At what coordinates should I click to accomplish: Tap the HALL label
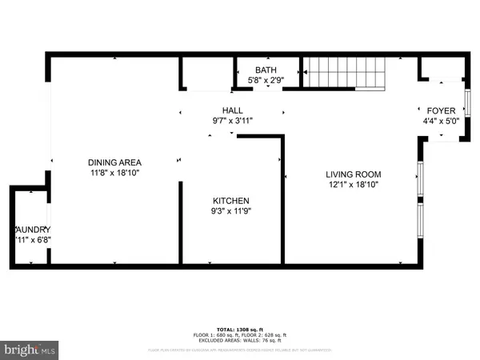[x=233, y=110]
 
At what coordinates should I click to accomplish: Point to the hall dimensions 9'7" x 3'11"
[x=233, y=121]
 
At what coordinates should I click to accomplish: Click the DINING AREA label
[x=116, y=162]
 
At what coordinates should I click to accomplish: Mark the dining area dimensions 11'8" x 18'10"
[x=116, y=173]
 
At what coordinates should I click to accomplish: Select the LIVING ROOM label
[x=353, y=174]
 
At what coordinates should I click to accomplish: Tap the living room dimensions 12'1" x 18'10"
[x=353, y=184]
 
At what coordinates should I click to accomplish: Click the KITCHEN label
[x=231, y=201]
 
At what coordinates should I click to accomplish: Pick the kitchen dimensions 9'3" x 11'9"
[x=231, y=211]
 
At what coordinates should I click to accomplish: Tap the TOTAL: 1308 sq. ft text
[x=240, y=329]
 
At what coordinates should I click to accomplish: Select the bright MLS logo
[x=30, y=349]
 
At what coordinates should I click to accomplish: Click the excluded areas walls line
[x=240, y=342]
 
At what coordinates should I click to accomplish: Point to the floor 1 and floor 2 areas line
[x=240, y=335]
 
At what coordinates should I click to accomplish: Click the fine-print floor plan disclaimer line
[x=240, y=350]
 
